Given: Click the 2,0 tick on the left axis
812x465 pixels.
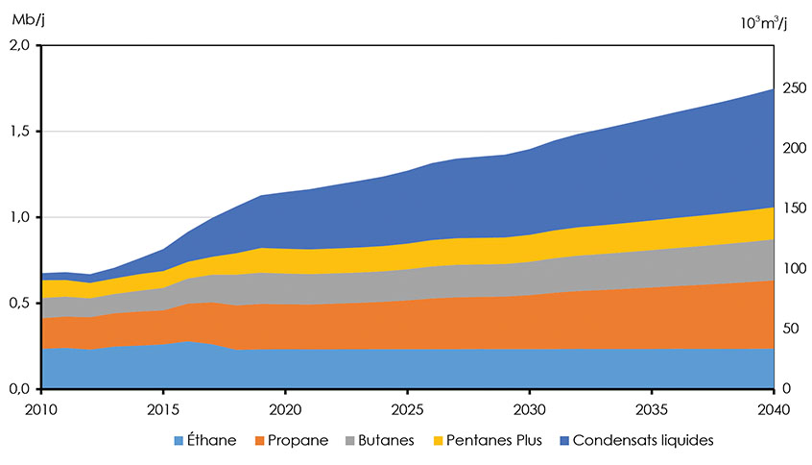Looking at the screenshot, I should click(19, 45).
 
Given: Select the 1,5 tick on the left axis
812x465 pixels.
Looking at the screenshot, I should click(19, 132).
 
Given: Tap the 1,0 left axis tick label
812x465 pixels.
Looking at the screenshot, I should click(19, 218).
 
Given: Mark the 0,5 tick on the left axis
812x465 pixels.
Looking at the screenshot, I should click(19, 304).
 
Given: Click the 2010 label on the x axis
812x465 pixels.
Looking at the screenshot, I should click(40, 410).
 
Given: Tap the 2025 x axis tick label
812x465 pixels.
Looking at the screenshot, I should click(407, 410).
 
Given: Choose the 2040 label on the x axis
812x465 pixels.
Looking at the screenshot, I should click(774, 410).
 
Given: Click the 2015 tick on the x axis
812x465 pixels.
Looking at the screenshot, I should click(163, 410).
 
